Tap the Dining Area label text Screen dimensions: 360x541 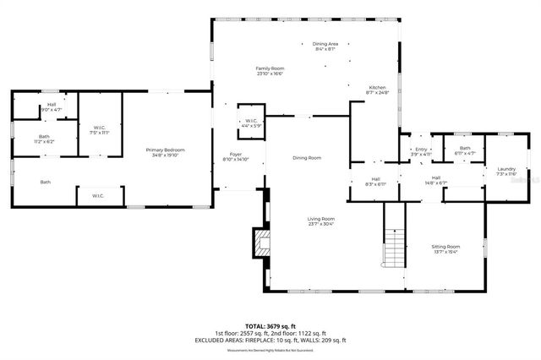tap(325, 46)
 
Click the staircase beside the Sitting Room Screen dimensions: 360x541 tap(395, 248)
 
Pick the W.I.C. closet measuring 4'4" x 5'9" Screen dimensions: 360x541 tap(251, 123)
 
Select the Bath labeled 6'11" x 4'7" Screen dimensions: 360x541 tap(464, 150)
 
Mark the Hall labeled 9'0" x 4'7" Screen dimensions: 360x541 tap(52, 107)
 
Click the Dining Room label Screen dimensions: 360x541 tap(307, 158)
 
